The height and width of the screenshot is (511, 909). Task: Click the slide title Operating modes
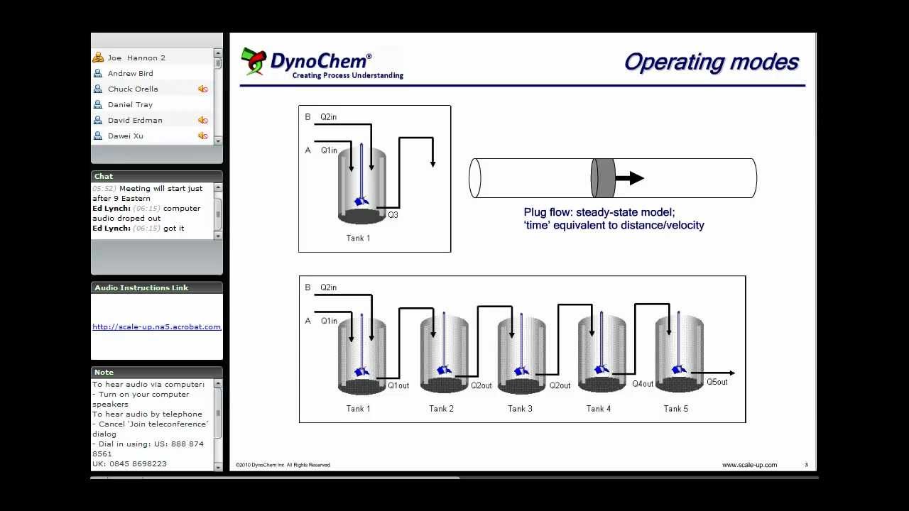(711, 62)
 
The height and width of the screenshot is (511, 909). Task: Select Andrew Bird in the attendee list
(130, 73)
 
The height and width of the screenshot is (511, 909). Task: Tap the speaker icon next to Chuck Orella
(202, 89)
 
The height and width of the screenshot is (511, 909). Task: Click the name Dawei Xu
(126, 136)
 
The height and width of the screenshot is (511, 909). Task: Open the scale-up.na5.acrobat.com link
(156, 326)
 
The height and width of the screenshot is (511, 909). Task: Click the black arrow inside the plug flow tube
(630, 178)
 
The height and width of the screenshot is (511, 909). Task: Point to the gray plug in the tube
(603, 178)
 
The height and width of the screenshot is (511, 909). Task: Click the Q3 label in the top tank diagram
(393, 214)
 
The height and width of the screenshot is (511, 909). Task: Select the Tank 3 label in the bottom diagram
(520, 409)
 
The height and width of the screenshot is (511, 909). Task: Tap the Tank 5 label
(676, 409)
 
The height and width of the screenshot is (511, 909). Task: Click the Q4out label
(643, 384)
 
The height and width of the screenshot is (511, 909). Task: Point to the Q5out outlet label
(717, 382)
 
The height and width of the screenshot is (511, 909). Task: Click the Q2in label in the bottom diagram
(328, 287)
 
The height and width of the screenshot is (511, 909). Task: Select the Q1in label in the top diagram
(329, 150)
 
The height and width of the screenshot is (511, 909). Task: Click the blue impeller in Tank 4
(602, 369)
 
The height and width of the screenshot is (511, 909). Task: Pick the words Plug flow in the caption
(548, 212)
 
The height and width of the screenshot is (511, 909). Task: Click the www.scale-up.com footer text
(749, 465)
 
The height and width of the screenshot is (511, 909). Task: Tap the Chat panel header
(104, 176)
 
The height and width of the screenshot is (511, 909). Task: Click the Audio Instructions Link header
(141, 287)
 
